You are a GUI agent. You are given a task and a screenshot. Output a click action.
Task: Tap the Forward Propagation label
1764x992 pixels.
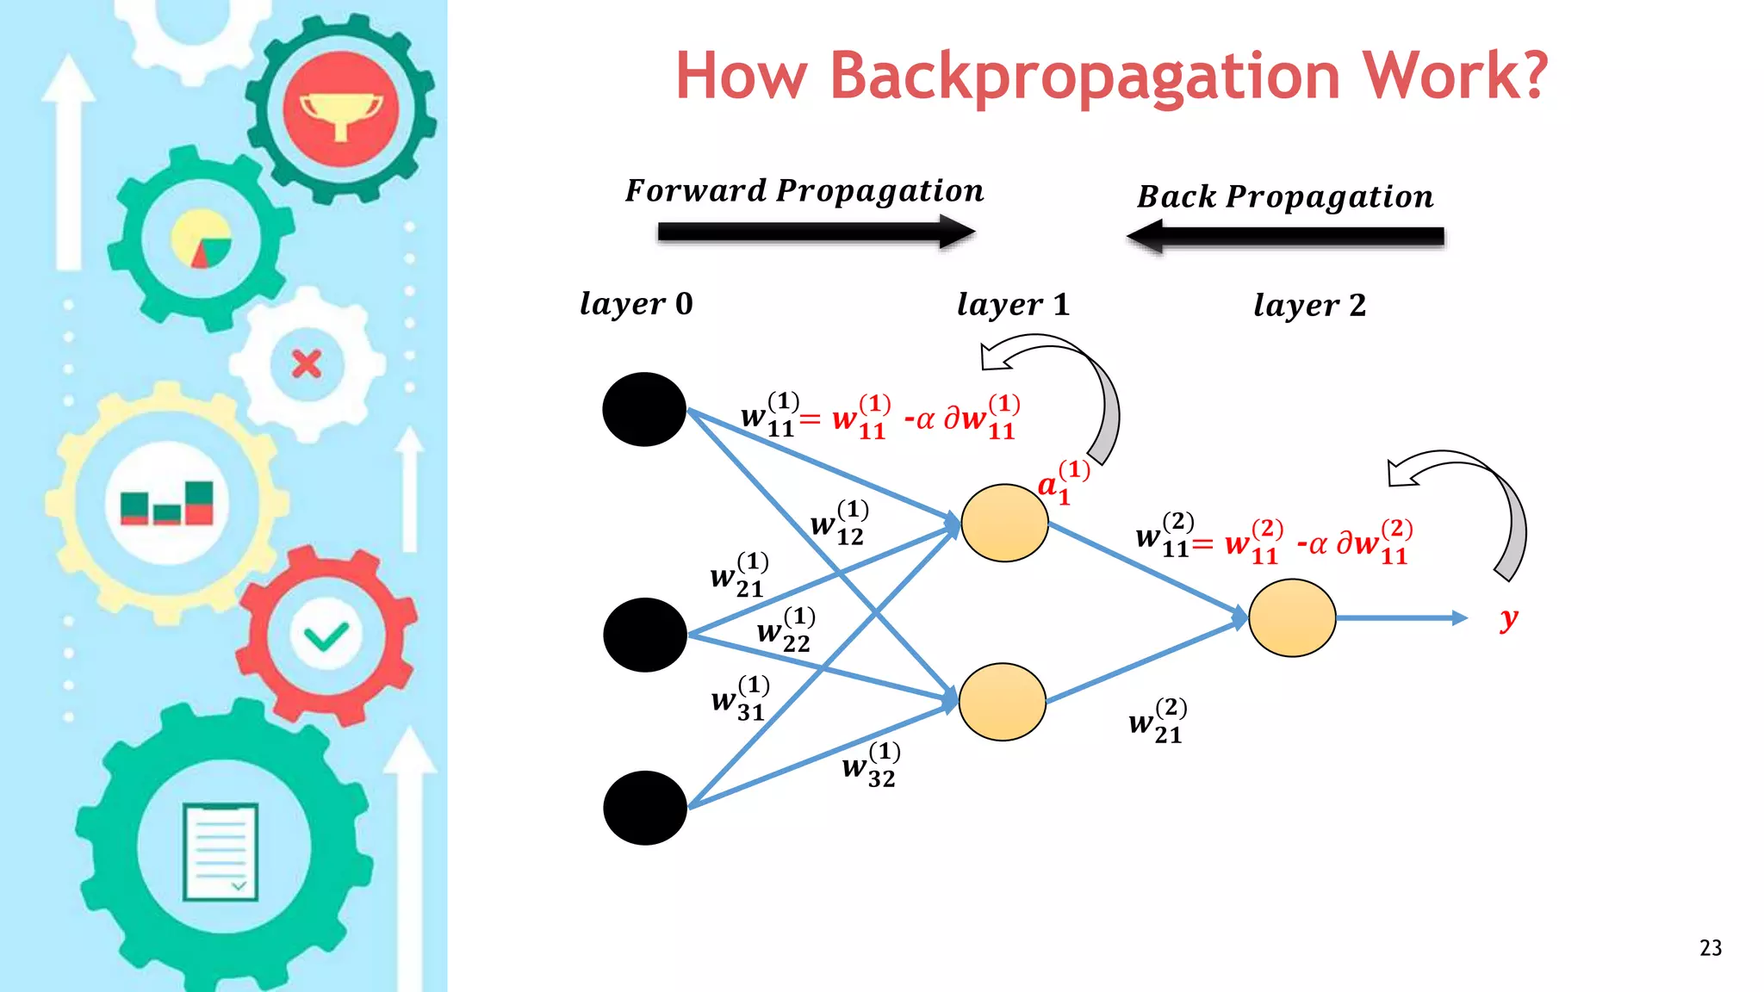pos(804,191)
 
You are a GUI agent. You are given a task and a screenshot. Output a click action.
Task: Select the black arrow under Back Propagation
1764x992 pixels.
pos(1285,237)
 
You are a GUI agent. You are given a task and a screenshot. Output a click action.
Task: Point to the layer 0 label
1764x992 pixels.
pos(636,304)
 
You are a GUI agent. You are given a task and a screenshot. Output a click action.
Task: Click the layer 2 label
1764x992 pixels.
pos(1309,306)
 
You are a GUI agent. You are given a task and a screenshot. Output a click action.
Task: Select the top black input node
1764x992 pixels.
pos(644,410)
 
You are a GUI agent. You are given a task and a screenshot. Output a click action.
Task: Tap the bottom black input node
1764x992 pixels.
pos(645,808)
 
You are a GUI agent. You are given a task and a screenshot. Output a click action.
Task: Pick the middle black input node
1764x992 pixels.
pos(645,635)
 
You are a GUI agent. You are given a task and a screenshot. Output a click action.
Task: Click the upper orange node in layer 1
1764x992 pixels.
pos(1004,523)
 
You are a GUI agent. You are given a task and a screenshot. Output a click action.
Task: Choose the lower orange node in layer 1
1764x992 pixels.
pos(1002,702)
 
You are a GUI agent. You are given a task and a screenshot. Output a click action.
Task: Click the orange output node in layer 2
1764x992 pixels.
pos(1292,617)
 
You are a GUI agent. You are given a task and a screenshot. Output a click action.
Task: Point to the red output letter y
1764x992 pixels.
pos(1508,618)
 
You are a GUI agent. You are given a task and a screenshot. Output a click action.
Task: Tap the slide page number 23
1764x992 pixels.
pos(1711,948)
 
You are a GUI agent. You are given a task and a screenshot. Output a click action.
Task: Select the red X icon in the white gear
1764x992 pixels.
pos(307,364)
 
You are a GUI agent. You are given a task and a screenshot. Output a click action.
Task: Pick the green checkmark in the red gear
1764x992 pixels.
pos(326,636)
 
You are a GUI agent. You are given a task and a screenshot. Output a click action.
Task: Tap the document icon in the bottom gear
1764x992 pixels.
pos(220,852)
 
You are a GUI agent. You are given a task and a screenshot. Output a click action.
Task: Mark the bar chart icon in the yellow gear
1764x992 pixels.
pos(166,504)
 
